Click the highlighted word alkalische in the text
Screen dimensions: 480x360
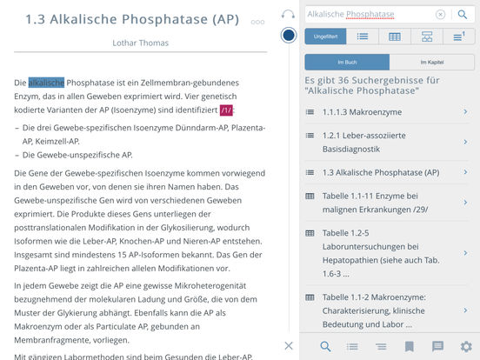point(45,83)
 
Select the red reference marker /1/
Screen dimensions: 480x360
point(226,110)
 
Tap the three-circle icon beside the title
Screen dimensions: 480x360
point(257,22)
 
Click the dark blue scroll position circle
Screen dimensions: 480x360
point(289,36)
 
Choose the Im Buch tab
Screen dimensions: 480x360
point(346,63)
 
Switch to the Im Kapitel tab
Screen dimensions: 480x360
point(431,63)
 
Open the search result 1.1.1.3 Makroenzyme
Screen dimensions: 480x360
point(388,112)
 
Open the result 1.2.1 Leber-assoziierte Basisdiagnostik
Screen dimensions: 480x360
point(388,142)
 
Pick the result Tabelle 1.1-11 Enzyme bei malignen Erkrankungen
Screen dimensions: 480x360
point(388,203)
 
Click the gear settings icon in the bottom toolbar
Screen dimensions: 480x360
point(465,346)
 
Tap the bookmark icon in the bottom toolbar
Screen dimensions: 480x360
point(409,346)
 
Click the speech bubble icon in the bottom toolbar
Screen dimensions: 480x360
point(437,346)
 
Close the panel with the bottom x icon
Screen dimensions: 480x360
point(289,346)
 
